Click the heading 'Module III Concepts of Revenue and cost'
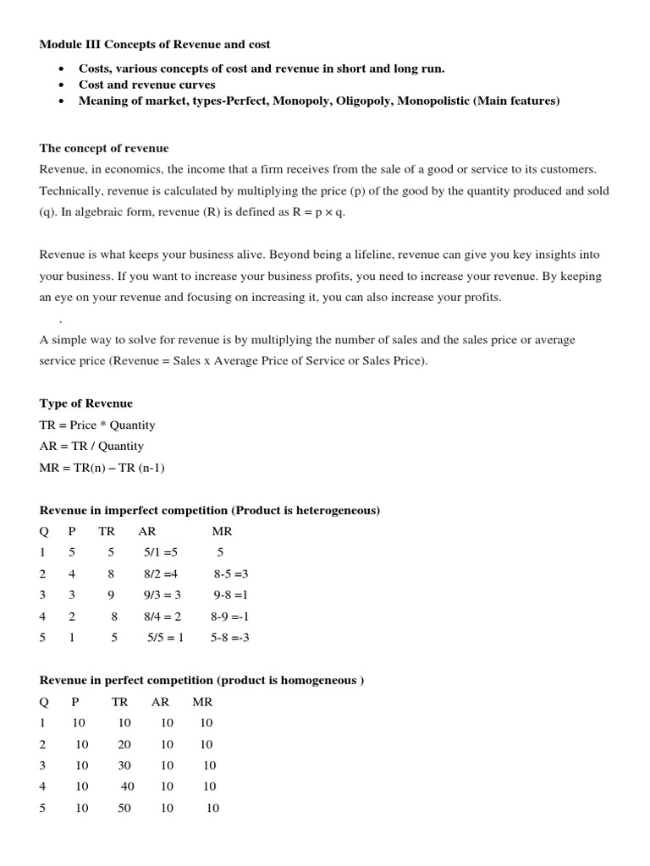click(155, 44)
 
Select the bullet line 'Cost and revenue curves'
click(146, 85)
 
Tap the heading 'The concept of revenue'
click(104, 148)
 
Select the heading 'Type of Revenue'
click(85, 403)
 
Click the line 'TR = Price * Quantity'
click(97, 425)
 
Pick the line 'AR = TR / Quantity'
click(91, 447)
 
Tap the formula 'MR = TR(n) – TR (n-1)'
click(102, 468)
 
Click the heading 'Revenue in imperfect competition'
click(209, 511)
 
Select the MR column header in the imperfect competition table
click(222, 532)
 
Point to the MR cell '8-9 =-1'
click(229, 617)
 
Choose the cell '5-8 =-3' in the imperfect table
click(229, 638)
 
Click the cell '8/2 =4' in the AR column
click(161, 574)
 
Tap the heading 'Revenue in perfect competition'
click(201, 681)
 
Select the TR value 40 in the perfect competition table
click(128, 787)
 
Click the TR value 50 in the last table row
click(124, 808)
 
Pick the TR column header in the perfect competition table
click(119, 702)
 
